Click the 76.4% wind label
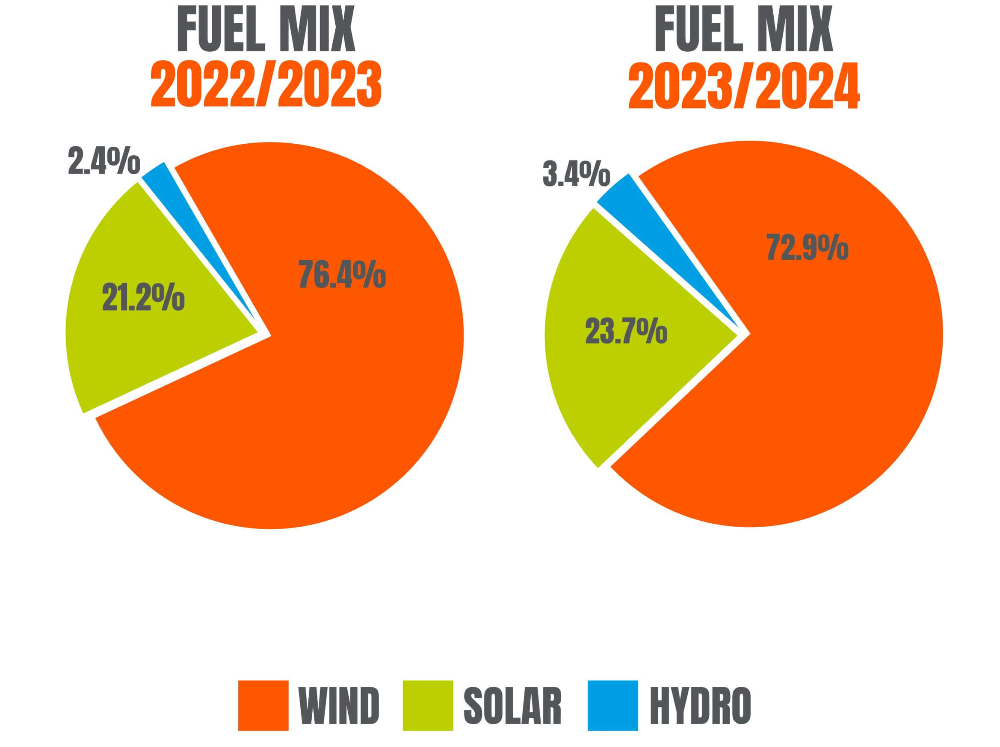342,275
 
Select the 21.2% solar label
143,297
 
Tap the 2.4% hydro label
104,160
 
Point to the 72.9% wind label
808,247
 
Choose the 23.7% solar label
626,331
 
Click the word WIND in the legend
339,706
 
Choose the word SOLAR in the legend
512,706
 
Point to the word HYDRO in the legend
700,706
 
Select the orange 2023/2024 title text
744,86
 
